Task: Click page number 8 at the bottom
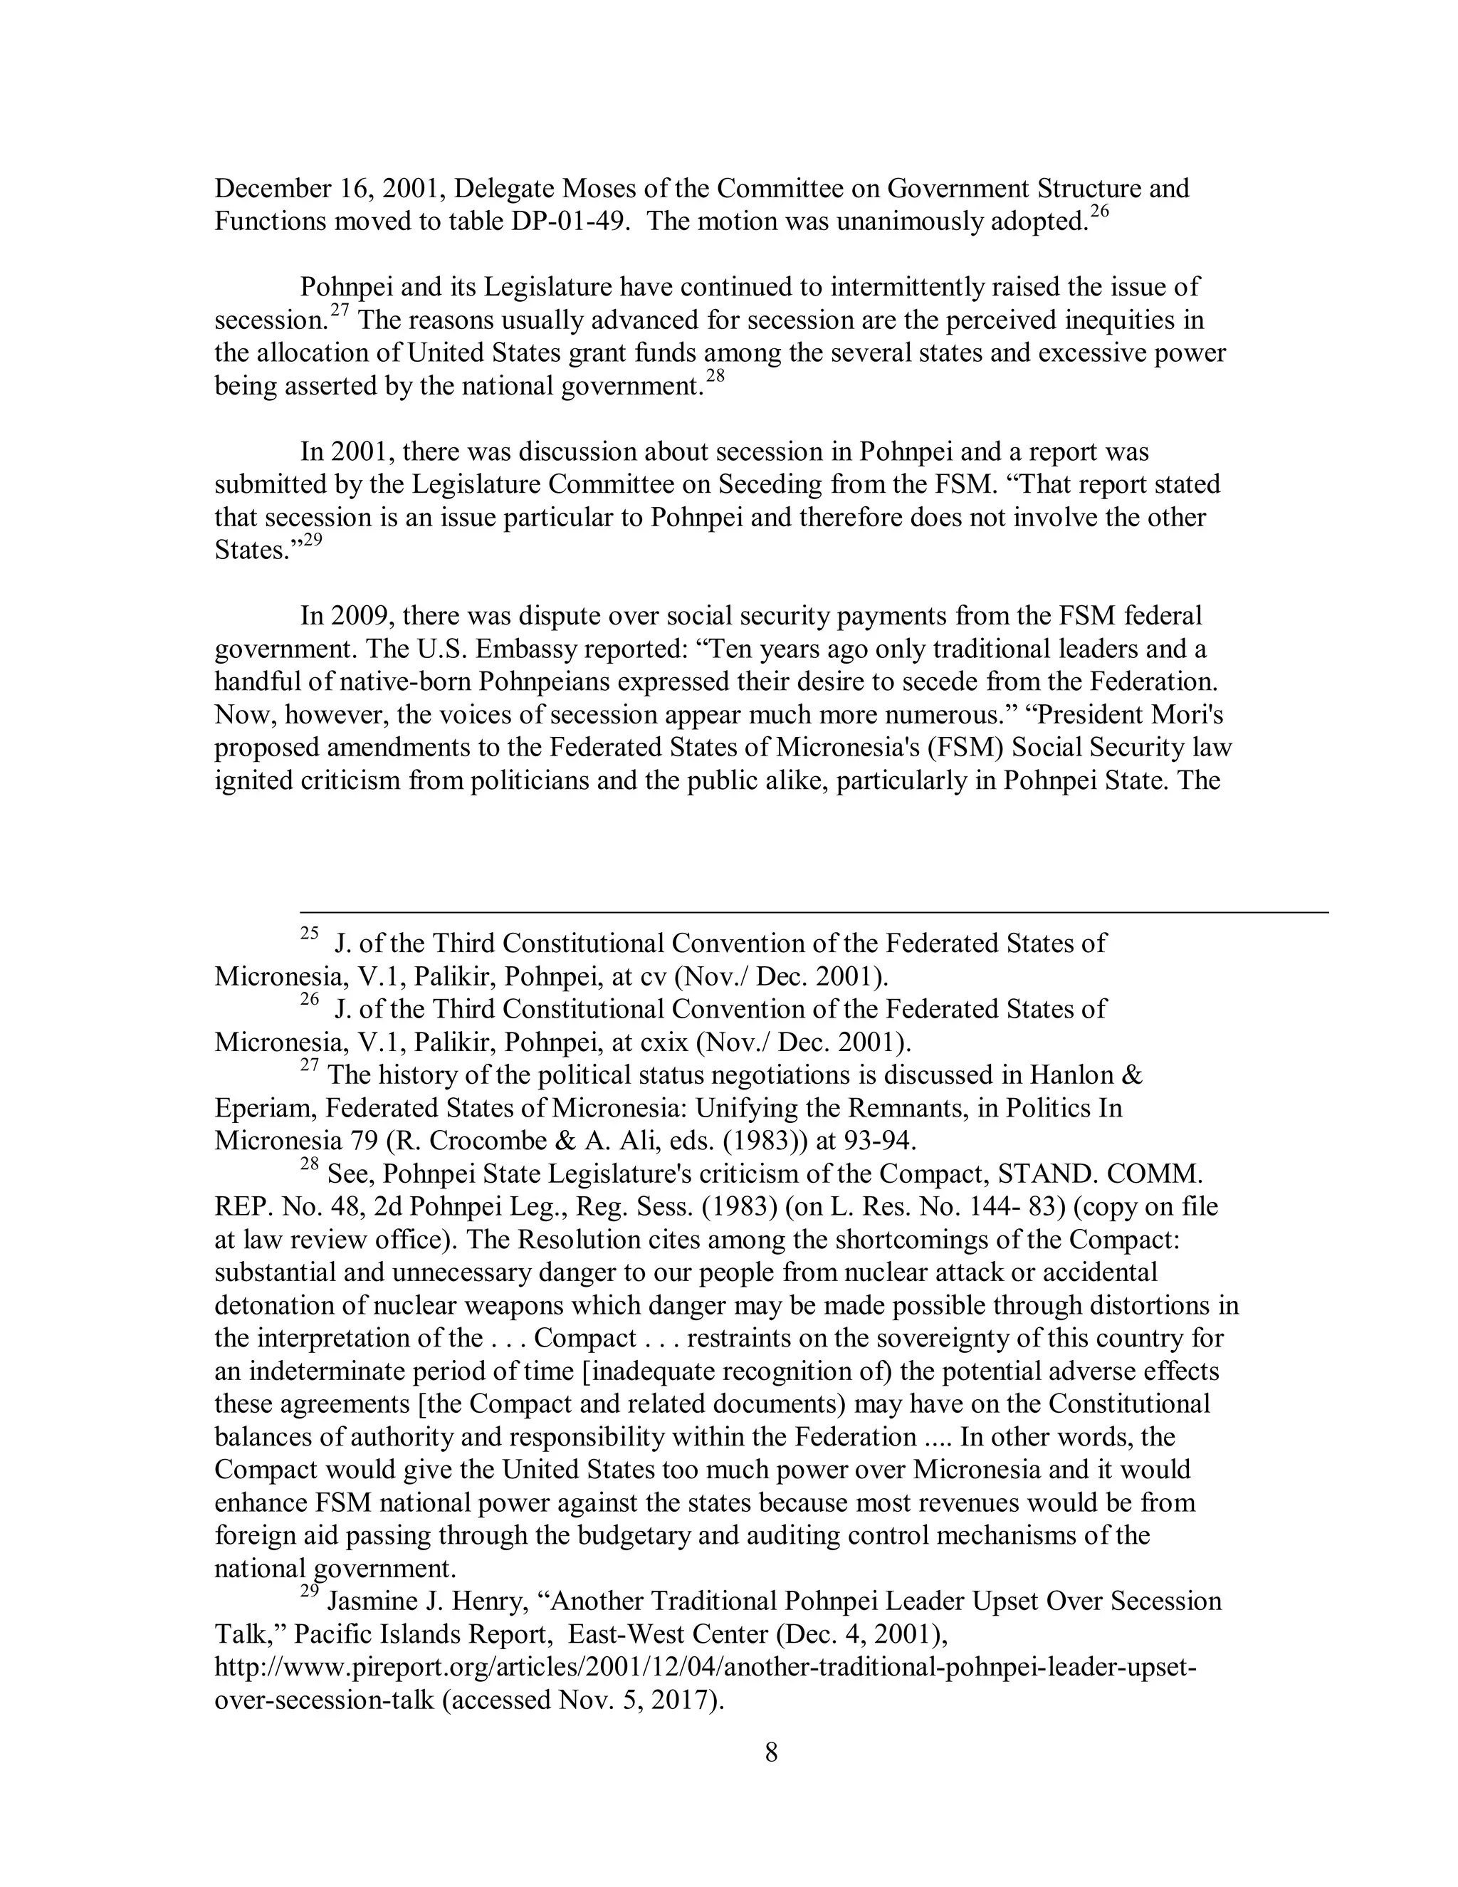(771, 1752)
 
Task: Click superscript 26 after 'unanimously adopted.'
(1097, 211)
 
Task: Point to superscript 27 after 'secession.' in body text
(339, 310)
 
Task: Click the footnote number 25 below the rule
(309, 933)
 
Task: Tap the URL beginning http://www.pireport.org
(704, 1667)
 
